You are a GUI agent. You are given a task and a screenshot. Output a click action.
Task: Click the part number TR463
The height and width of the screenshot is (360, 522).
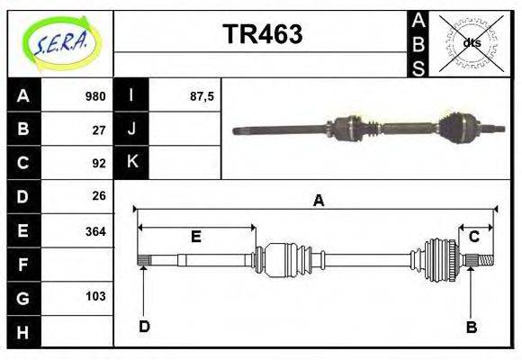tap(262, 35)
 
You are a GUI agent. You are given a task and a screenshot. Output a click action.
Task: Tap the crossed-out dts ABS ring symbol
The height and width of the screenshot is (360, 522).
tap(470, 42)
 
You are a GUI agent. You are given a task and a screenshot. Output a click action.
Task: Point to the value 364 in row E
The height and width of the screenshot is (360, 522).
tap(95, 231)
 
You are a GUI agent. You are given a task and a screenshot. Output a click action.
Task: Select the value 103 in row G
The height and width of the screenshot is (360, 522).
tap(95, 296)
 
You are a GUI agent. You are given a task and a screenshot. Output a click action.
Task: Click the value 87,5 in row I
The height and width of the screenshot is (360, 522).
tap(202, 96)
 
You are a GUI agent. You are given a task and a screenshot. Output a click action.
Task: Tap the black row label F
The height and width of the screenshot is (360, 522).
tap(22, 265)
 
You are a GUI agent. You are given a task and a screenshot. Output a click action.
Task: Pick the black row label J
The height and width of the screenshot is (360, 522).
tap(131, 130)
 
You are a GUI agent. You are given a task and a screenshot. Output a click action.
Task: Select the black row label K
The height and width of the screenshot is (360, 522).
tap(131, 163)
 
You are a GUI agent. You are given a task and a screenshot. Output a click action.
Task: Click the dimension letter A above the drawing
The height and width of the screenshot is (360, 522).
tap(318, 202)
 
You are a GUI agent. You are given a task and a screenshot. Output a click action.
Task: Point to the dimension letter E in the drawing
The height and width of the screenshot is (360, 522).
tap(195, 237)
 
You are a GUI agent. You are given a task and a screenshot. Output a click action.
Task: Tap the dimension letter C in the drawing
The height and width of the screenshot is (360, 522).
tap(473, 237)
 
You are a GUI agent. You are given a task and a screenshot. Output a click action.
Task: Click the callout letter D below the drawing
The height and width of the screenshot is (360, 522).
tap(144, 327)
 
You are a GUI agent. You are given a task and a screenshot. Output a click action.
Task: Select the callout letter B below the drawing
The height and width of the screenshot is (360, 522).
tap(471, 327)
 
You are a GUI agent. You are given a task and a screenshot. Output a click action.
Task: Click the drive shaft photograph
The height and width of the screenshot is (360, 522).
tap(369, 130)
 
